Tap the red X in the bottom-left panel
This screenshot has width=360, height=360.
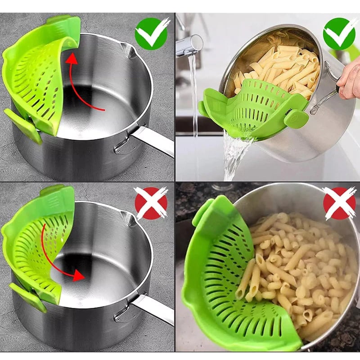coord(151,203)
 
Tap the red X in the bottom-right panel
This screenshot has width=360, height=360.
coord(339,203)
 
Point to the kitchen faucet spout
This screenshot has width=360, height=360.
coord(189,45)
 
